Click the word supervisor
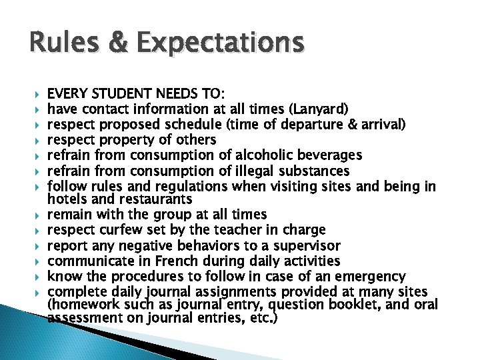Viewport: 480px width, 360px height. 306,245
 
